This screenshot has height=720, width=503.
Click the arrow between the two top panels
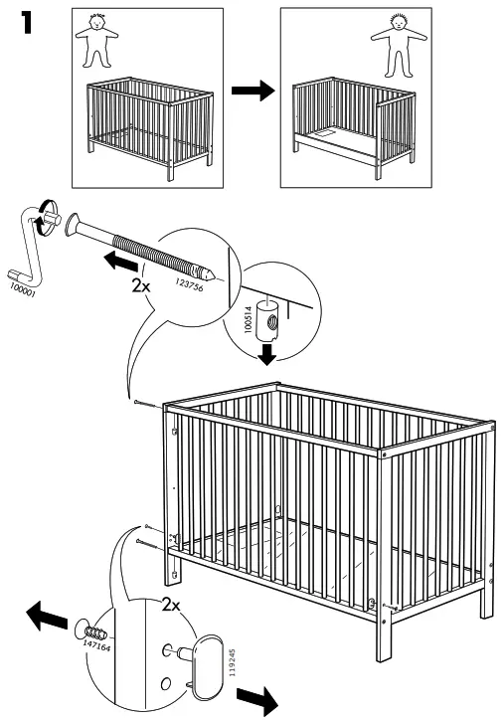(x=252, y=90)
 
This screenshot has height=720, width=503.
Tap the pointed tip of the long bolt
(x=210, y=270)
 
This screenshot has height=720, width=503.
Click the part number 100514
(x=250, y=326)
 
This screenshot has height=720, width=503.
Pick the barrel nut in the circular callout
(x=268, y=319)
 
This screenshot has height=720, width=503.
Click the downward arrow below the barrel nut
(x=266, y=354)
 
